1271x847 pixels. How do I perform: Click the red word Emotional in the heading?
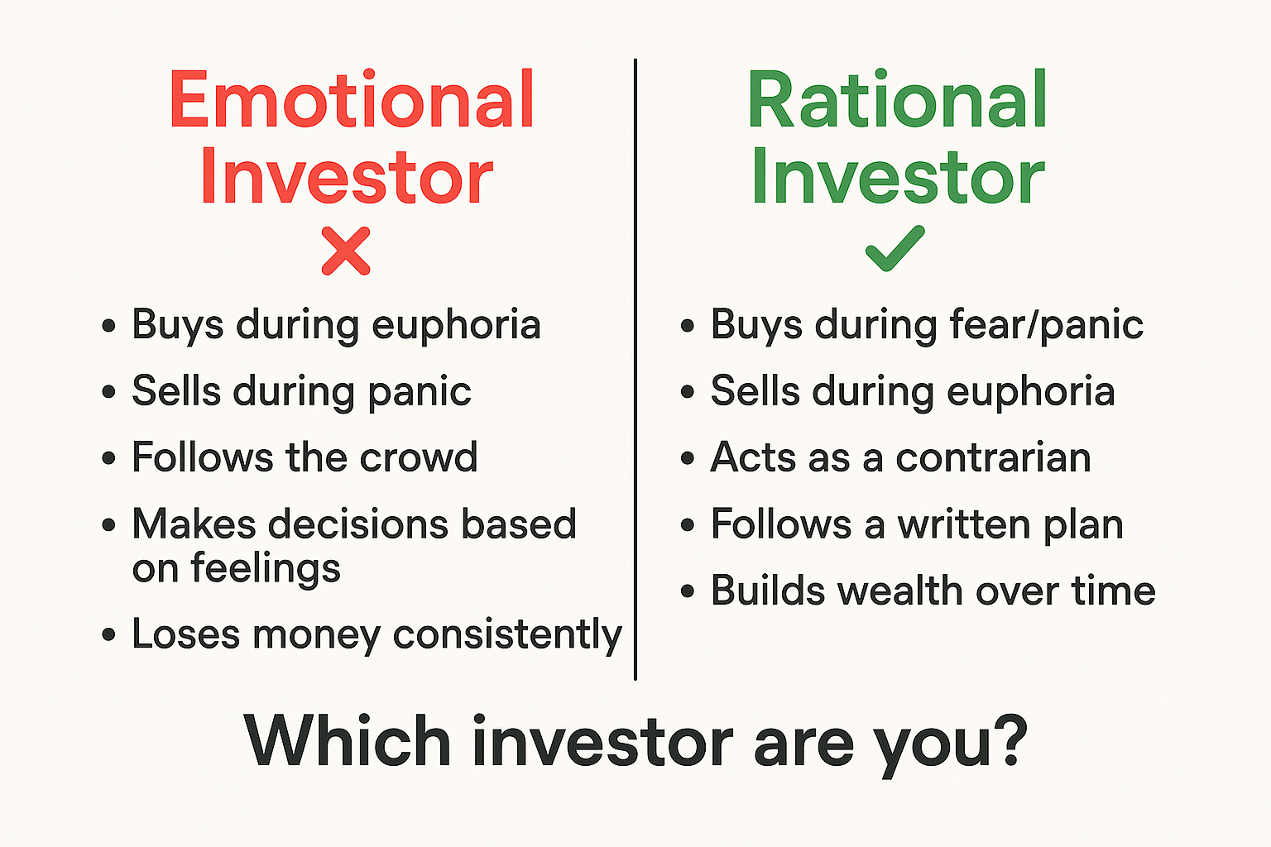tap(352, 101)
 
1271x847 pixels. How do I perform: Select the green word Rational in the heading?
tap(897, 101)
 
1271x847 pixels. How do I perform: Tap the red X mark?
tap(346, 251)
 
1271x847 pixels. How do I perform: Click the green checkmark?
tap(894, 249)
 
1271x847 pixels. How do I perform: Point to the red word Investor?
tap(346, 177)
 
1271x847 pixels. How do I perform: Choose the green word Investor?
tap(897, 177)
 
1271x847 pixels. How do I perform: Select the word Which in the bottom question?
tap(348, 740)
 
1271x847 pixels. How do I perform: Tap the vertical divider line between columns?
tap(635, 372)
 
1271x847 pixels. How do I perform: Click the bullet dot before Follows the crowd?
tap(109, 458)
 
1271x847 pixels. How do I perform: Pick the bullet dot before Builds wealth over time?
tap(688, 592)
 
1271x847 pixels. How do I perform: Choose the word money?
tap(317, 635)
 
